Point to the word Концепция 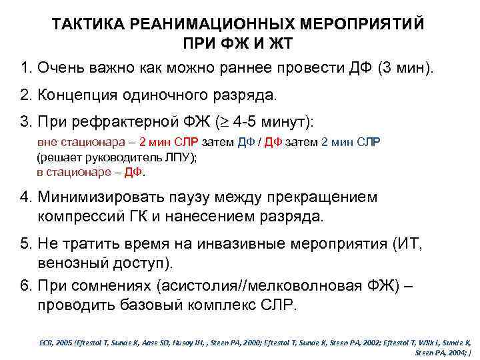(x=79, y=95)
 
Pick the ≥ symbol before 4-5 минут (x=240, y=123)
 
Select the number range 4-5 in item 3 (x=263, y=122)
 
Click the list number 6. (x=25, y=286)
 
